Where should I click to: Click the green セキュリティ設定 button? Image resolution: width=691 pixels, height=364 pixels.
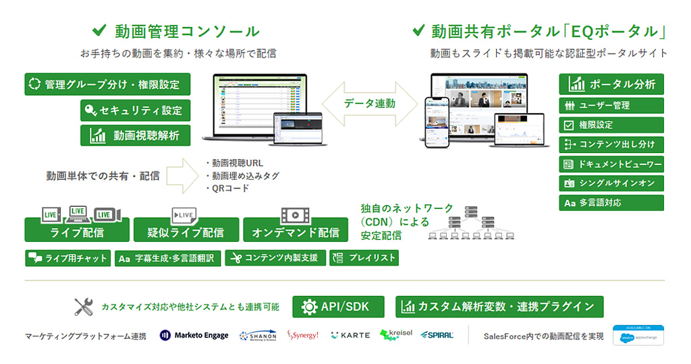134,110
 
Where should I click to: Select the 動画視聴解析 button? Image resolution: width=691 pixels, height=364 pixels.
134,135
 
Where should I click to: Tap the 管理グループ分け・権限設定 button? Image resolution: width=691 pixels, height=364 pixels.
107,85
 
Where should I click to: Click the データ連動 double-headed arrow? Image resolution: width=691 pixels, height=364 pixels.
369,104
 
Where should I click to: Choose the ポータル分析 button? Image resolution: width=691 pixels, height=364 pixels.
611,84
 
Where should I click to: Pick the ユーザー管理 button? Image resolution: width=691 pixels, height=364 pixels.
611,106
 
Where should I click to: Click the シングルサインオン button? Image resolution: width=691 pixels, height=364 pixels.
611,183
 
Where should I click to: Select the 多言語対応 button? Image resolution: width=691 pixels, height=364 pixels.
611,203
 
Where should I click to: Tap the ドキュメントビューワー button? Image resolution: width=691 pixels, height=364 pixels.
611,164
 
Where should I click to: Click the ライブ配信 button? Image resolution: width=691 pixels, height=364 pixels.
77,231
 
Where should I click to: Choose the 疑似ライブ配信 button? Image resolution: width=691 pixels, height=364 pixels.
186,231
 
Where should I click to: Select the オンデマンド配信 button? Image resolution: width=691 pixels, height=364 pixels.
296,231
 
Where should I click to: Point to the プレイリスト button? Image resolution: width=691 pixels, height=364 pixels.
364,258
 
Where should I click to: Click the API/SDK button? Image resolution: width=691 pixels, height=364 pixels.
339,307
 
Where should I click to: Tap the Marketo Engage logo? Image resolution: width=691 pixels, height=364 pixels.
194,335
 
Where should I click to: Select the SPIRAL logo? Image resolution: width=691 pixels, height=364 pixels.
437,335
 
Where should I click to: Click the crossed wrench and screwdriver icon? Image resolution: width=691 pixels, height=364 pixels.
84,307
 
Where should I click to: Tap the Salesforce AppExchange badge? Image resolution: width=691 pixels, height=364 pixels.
638,335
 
